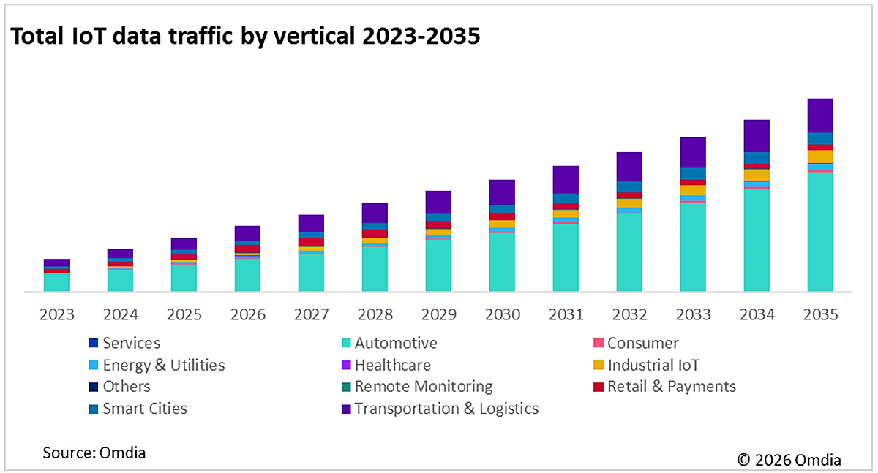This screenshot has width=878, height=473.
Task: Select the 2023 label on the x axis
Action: tap(57, 315)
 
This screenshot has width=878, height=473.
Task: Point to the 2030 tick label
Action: tap(503, 315)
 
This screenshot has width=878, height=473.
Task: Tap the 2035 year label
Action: tap(820, 315)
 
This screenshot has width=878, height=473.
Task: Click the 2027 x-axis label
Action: tap(312, 315)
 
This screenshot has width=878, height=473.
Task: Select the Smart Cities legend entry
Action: tap(144, 409)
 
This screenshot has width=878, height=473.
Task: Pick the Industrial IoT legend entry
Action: tap(653, 365)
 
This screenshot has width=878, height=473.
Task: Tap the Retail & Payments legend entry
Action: tap(671, 387)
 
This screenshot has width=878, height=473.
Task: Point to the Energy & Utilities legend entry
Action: tap(163, 365)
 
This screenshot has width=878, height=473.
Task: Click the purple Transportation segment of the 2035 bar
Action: tap(820, 116)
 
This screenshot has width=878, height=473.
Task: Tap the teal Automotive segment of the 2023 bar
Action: tap(57, 282)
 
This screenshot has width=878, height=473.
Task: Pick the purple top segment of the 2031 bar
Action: tap(566, 179)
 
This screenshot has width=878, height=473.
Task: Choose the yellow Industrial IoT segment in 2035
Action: tap(820, 156)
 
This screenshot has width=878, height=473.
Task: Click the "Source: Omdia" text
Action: tap(94, 453)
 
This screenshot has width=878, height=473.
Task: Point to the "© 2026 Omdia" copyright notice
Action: tap(789, 459)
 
